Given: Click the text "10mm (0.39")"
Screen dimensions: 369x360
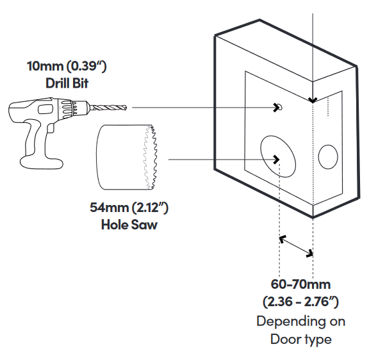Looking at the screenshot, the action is (x=67, y=66).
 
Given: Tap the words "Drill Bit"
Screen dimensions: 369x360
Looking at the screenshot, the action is (x=67, y=83).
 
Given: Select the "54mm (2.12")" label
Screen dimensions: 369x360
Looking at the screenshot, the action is (x=129, y=208).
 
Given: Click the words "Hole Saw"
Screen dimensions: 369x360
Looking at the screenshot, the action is (x=129, y=225).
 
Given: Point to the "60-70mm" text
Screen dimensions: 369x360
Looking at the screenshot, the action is (x=300, y=284).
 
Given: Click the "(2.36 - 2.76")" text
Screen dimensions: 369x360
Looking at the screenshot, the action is (x=300, y=302).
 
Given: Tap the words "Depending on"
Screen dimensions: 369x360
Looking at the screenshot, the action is (x=300, y=322).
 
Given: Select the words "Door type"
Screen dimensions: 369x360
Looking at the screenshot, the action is (x=300, y=340).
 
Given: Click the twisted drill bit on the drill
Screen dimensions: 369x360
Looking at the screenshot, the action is (x=108, y=108).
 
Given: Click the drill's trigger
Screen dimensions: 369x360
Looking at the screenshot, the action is (x=51, y=127).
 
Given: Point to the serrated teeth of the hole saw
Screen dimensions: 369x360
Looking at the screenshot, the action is (x=151, y=158).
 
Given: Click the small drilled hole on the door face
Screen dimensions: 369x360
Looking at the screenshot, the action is (x=280, y=107).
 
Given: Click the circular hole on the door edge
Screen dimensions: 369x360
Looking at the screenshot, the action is (x=318, y=156).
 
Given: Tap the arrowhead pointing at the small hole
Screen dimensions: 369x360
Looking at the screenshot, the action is (x=276, y=108).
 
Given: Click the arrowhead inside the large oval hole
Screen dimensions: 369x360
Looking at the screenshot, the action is (x=276, y=160).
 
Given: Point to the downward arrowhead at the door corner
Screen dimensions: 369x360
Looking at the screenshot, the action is (x=313, y=100).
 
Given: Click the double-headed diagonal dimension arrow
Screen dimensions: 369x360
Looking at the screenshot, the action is (x=296, y=246).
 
